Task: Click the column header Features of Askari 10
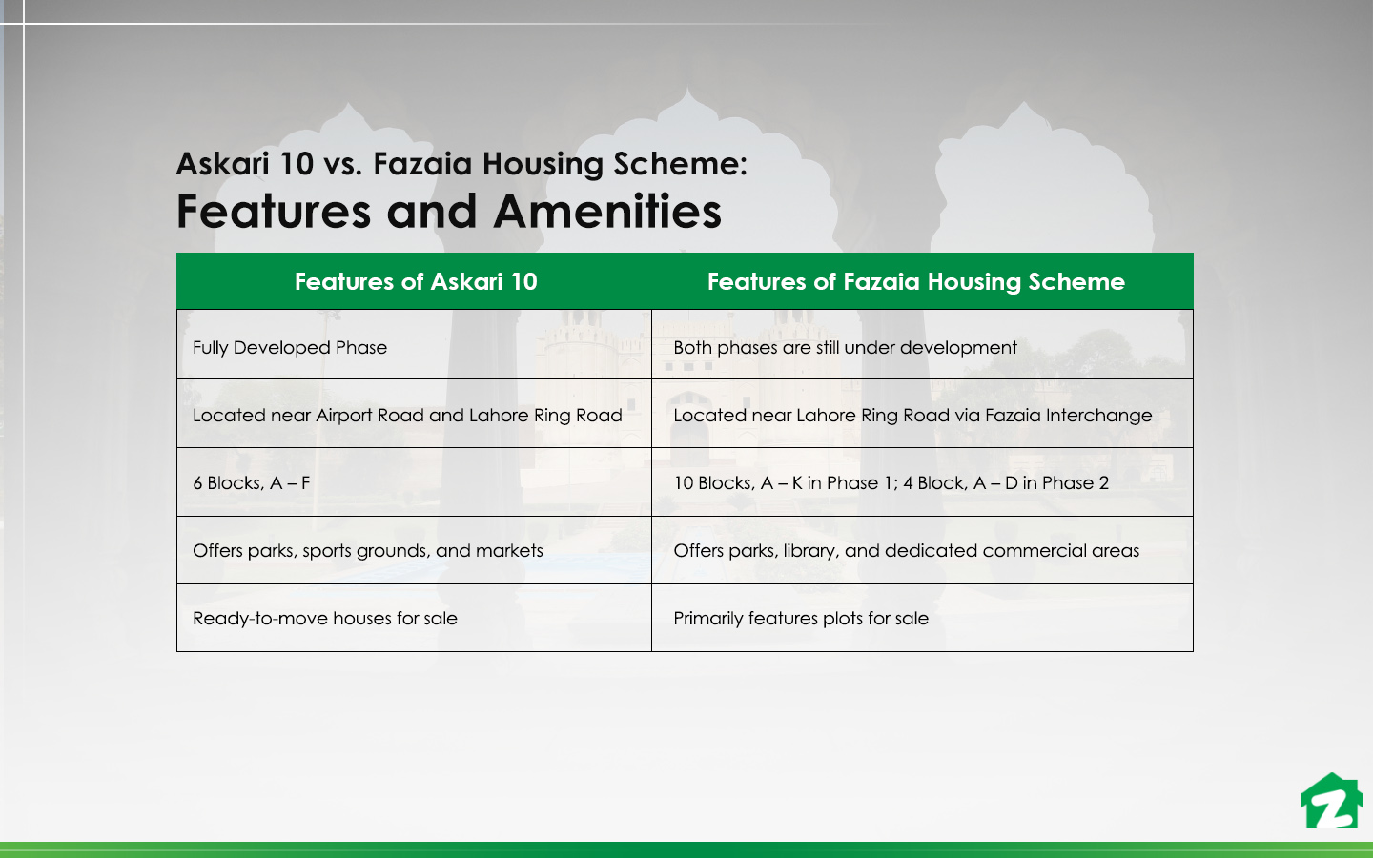coord(416,282)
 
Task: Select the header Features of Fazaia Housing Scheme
coord(915,282)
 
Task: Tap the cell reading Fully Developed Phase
coord(290,348)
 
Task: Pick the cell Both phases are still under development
coord(845,348)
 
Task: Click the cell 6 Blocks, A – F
coord(252,483)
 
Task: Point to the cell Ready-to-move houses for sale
coord(325,619)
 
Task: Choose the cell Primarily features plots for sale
coord(801,619)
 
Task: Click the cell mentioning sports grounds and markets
coord(368,551)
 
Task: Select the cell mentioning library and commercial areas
coord(906,551)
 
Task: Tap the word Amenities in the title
coord(607,212)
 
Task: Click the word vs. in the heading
coord(342,164)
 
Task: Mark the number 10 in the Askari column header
coord(523,282)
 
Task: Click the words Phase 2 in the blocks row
coord(1076,483)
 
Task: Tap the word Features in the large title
coord(274,212)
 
